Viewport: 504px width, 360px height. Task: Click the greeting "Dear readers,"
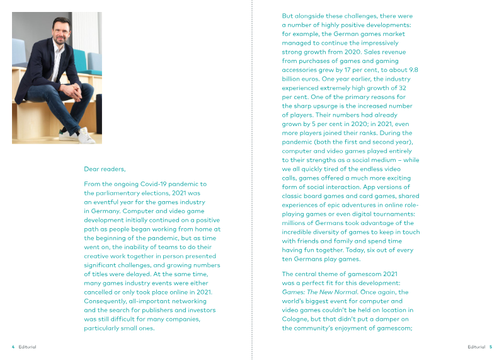click(x=105, y=169)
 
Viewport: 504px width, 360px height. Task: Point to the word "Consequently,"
click(x=105, y=301)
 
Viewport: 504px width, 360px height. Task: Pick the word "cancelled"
click(x=100, y=292)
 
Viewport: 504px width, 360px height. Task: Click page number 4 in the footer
click(x=13, y=346)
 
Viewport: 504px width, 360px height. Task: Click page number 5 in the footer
click(x=491, y=346)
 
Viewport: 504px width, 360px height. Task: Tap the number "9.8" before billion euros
click(x=412, y=70)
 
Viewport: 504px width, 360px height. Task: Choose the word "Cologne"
click(x=296, y=319)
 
